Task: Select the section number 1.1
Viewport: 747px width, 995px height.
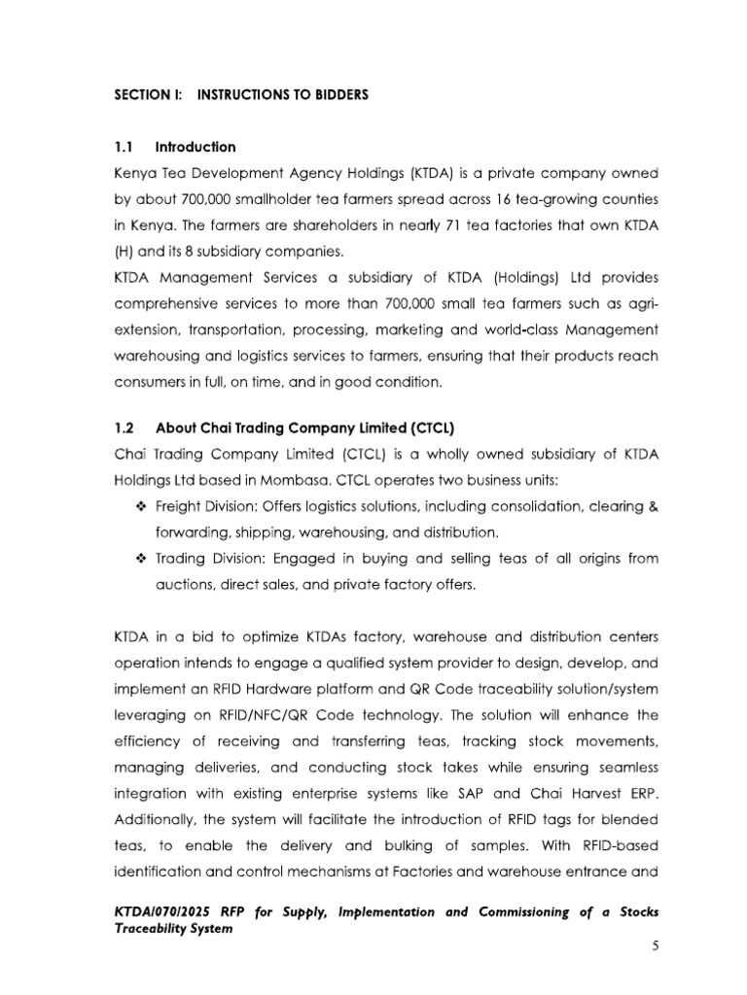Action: click(x=125, y=148)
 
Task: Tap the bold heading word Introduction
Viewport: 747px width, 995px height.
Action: click(x=195, y=148)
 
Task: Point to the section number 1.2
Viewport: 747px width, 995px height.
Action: click(x=126, y=428)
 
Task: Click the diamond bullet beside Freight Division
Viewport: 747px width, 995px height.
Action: click(x=140, y=506)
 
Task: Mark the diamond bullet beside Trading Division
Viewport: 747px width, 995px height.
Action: click(x=140, y=559)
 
